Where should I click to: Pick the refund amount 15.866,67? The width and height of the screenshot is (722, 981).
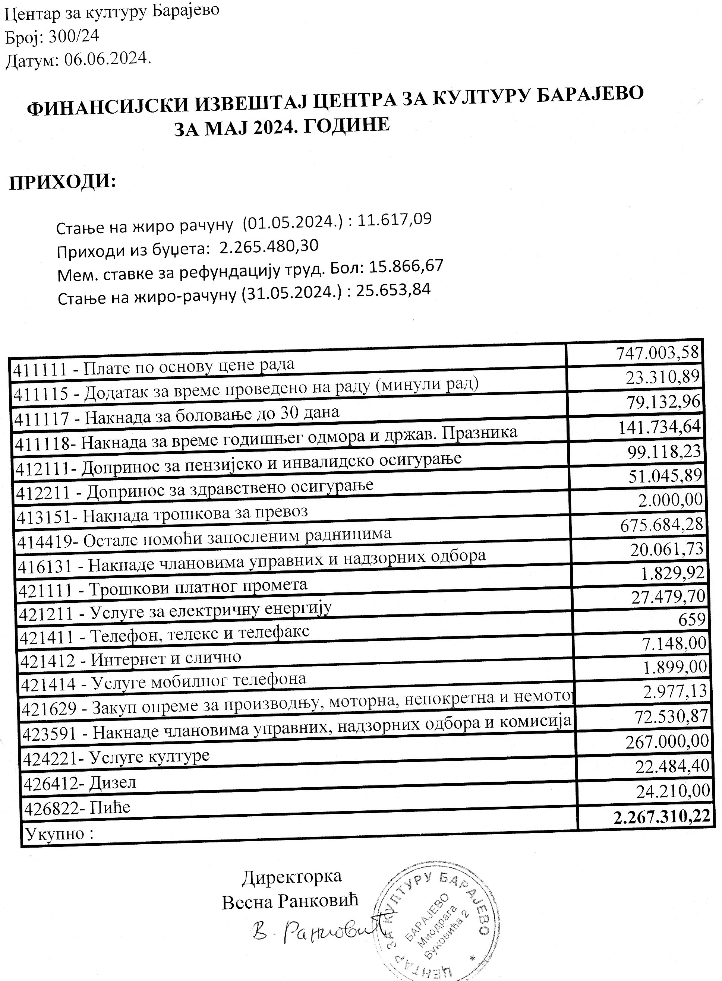point(406,266)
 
